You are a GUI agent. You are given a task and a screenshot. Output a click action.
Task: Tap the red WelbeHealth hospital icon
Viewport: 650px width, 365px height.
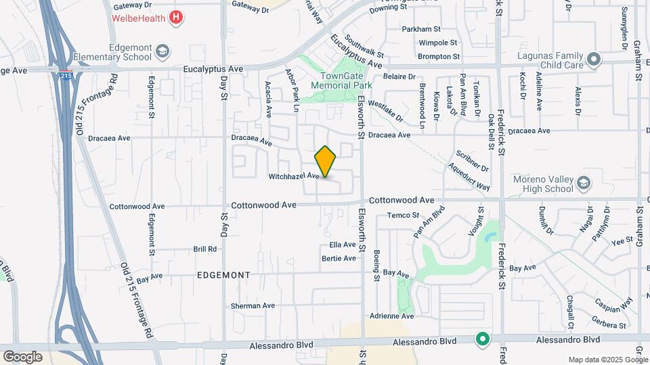(x=176, y=17)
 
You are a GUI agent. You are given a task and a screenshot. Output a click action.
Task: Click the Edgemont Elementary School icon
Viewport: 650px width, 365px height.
(x=162, y=51)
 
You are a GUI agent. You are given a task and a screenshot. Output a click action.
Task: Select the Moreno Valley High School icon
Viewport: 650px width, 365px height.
(x=583, y=182)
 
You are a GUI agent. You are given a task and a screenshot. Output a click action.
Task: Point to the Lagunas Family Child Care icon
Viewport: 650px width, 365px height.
(x=594, y=59)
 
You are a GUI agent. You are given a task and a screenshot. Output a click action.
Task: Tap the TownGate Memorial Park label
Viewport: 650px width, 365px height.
(x=341, y=82)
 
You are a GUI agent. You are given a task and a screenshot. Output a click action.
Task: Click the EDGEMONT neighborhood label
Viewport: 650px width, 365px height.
(x=223, y=275)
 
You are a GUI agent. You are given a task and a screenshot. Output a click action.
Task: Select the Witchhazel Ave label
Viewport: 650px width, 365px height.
(x=294, y=176)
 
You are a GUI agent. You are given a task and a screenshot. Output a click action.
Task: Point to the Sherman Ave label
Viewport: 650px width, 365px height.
(x=253, y=306)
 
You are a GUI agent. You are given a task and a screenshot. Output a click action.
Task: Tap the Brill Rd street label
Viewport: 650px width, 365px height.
(x=205, y=249)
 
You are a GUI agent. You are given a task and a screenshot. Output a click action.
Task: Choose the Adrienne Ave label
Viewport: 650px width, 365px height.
(x=391, y=316)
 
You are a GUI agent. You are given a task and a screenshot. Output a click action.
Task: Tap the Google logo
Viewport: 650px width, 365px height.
(x=22, y=356)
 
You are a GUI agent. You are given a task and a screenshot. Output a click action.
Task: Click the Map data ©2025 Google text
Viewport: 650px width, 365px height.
(x=607, y=360)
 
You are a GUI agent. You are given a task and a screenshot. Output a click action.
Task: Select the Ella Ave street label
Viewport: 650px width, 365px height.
(x=342, y=245)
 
